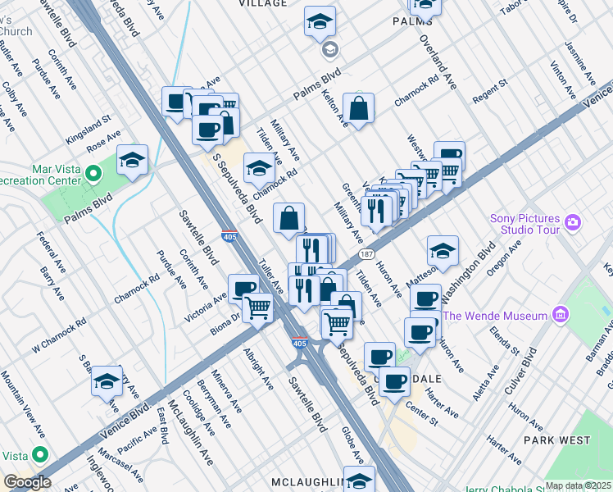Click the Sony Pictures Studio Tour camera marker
pos(573,222)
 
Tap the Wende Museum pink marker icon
pos(561,315)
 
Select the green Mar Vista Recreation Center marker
pos(93,174)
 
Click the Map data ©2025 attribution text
pos(578,485)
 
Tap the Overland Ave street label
pos(438,62)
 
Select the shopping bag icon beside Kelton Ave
pos(358,107)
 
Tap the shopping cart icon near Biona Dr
pos(258,308)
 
